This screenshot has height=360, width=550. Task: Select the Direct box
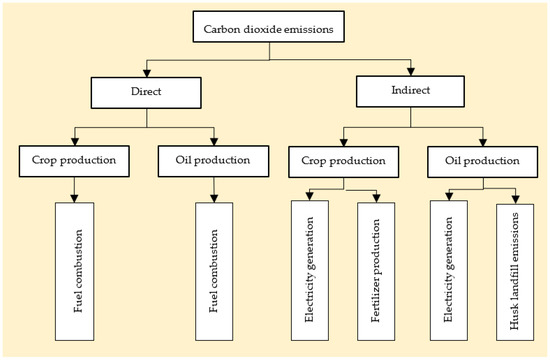[x=147, y=93]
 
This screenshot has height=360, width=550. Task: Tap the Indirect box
[x=411, y=92]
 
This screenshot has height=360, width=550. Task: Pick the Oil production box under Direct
[x=213, y=158]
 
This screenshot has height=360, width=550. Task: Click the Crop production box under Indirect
[x=345, y=158]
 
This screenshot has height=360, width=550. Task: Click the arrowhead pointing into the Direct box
[x=147, y=73]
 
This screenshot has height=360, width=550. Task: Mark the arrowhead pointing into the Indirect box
[x=411, y=72]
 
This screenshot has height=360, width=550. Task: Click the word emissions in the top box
[x=312, y=29]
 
